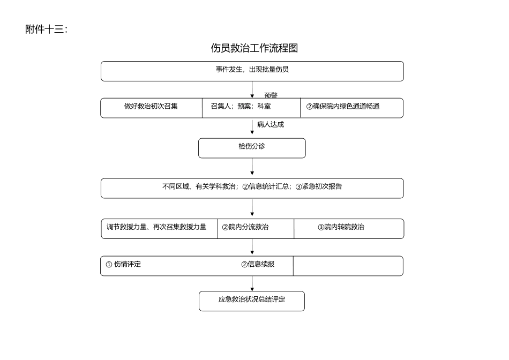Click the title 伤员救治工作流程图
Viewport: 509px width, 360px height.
(254, 48)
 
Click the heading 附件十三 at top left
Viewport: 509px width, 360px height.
(46, 29)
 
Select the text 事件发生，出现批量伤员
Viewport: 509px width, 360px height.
(252, 70)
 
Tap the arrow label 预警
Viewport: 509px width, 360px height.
(271, 95)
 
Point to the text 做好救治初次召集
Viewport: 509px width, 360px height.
(151, 107)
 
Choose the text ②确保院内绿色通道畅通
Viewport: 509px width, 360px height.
(342, 107)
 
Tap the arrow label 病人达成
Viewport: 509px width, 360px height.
(270, 125)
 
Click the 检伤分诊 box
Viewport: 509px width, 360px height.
(252, 148)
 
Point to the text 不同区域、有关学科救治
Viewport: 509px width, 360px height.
(199, 187)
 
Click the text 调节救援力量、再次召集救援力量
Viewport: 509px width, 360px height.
(156, 227)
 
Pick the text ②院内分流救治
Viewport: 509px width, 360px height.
(245, 227)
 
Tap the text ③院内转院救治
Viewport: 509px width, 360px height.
(341, 227)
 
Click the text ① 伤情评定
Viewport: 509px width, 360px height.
(123, 264)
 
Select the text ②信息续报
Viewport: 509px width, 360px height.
(258, 264)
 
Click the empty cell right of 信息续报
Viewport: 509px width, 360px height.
(348, 266)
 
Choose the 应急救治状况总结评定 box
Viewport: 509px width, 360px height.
(252, 301)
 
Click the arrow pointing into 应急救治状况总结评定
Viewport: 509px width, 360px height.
(252, 284)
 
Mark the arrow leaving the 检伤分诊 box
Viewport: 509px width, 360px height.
(252, 167)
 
